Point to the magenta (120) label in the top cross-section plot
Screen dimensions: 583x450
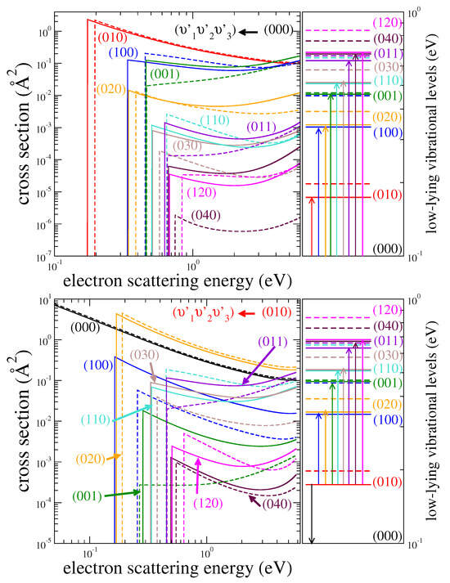(x=202, y=194)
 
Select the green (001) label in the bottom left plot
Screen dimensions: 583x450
(x=89, y=496)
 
